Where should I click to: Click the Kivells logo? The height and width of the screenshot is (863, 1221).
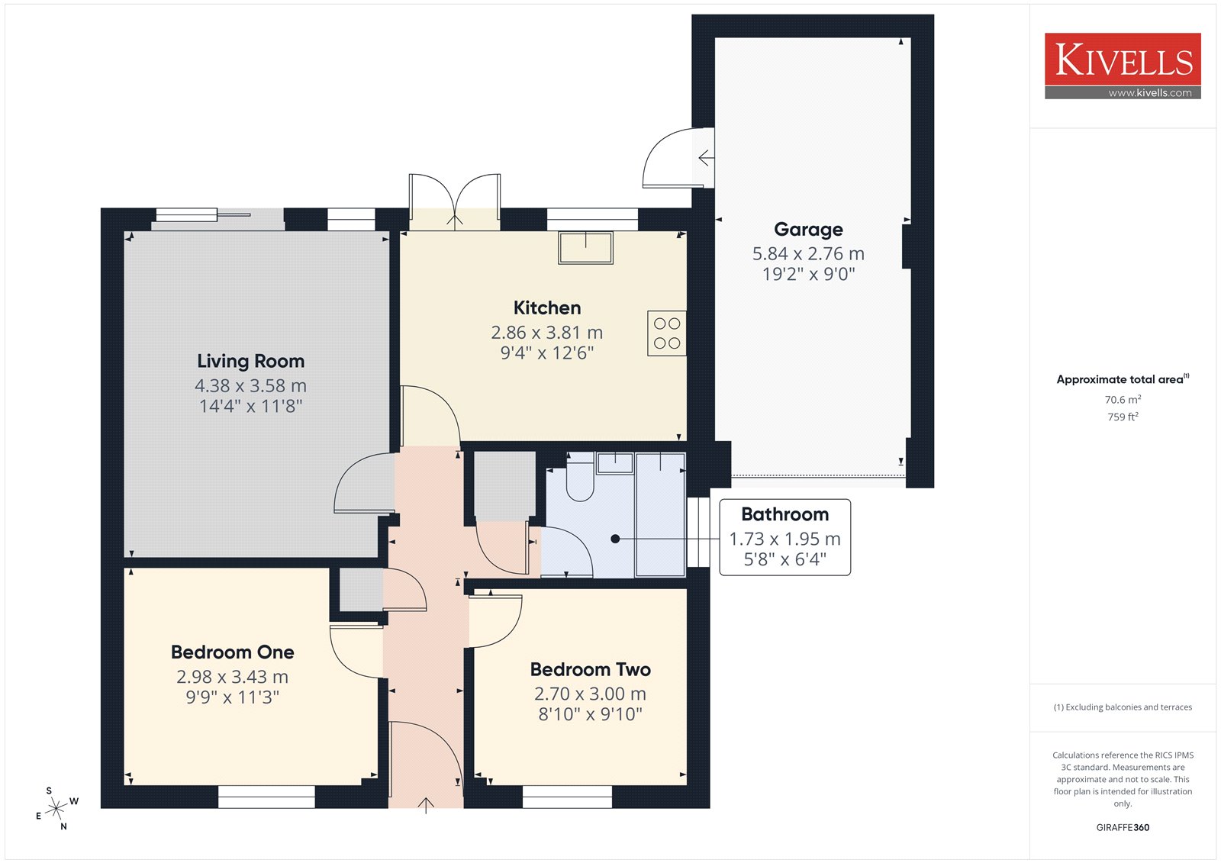pos(1123,66)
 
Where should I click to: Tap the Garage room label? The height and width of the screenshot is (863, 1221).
pos(808,230)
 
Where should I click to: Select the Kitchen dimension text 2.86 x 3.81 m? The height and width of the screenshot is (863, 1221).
pos(546,332)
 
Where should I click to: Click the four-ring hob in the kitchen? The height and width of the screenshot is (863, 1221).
pos(667,333)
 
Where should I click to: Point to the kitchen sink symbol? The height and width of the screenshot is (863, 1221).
pos(585,247)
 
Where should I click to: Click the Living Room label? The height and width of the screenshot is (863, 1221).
pos(251,361)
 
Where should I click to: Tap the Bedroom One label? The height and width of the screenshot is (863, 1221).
pos(232,652)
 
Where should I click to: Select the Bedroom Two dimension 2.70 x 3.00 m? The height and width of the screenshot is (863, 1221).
pos(590,694)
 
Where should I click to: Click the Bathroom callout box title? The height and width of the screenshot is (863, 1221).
pos(785,514)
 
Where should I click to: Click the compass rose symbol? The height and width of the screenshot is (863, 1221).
pos(56,809)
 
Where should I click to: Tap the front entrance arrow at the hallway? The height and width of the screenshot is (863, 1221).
pos(426,805)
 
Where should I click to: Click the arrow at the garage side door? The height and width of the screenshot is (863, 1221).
pos(706,158)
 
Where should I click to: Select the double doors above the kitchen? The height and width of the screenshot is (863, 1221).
pos(455,200)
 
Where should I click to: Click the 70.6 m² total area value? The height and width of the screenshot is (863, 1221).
pos(1123,400)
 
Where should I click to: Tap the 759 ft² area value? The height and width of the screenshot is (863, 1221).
pos(1123,417)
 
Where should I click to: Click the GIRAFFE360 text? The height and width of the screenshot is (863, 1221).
pos(1123,827)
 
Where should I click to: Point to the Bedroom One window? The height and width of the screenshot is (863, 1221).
pos(266,797)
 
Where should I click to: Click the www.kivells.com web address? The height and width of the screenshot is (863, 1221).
pos(1149,92)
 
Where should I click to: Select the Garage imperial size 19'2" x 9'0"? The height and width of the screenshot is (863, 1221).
pos(808,274)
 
